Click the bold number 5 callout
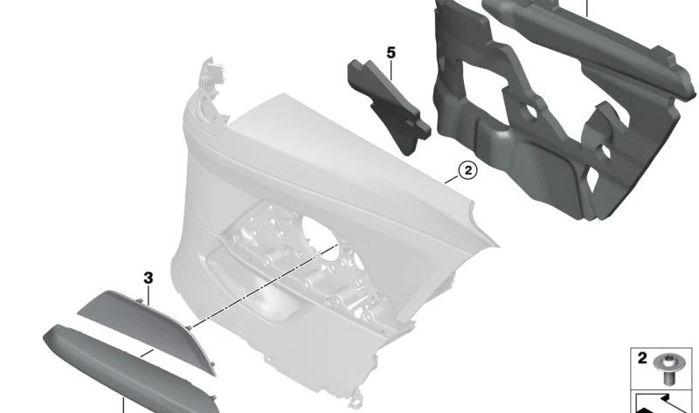point(391,53)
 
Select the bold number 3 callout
point(149,278)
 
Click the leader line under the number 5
point(391,68)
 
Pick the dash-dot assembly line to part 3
point(262,288)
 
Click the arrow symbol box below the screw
point(663,401)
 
